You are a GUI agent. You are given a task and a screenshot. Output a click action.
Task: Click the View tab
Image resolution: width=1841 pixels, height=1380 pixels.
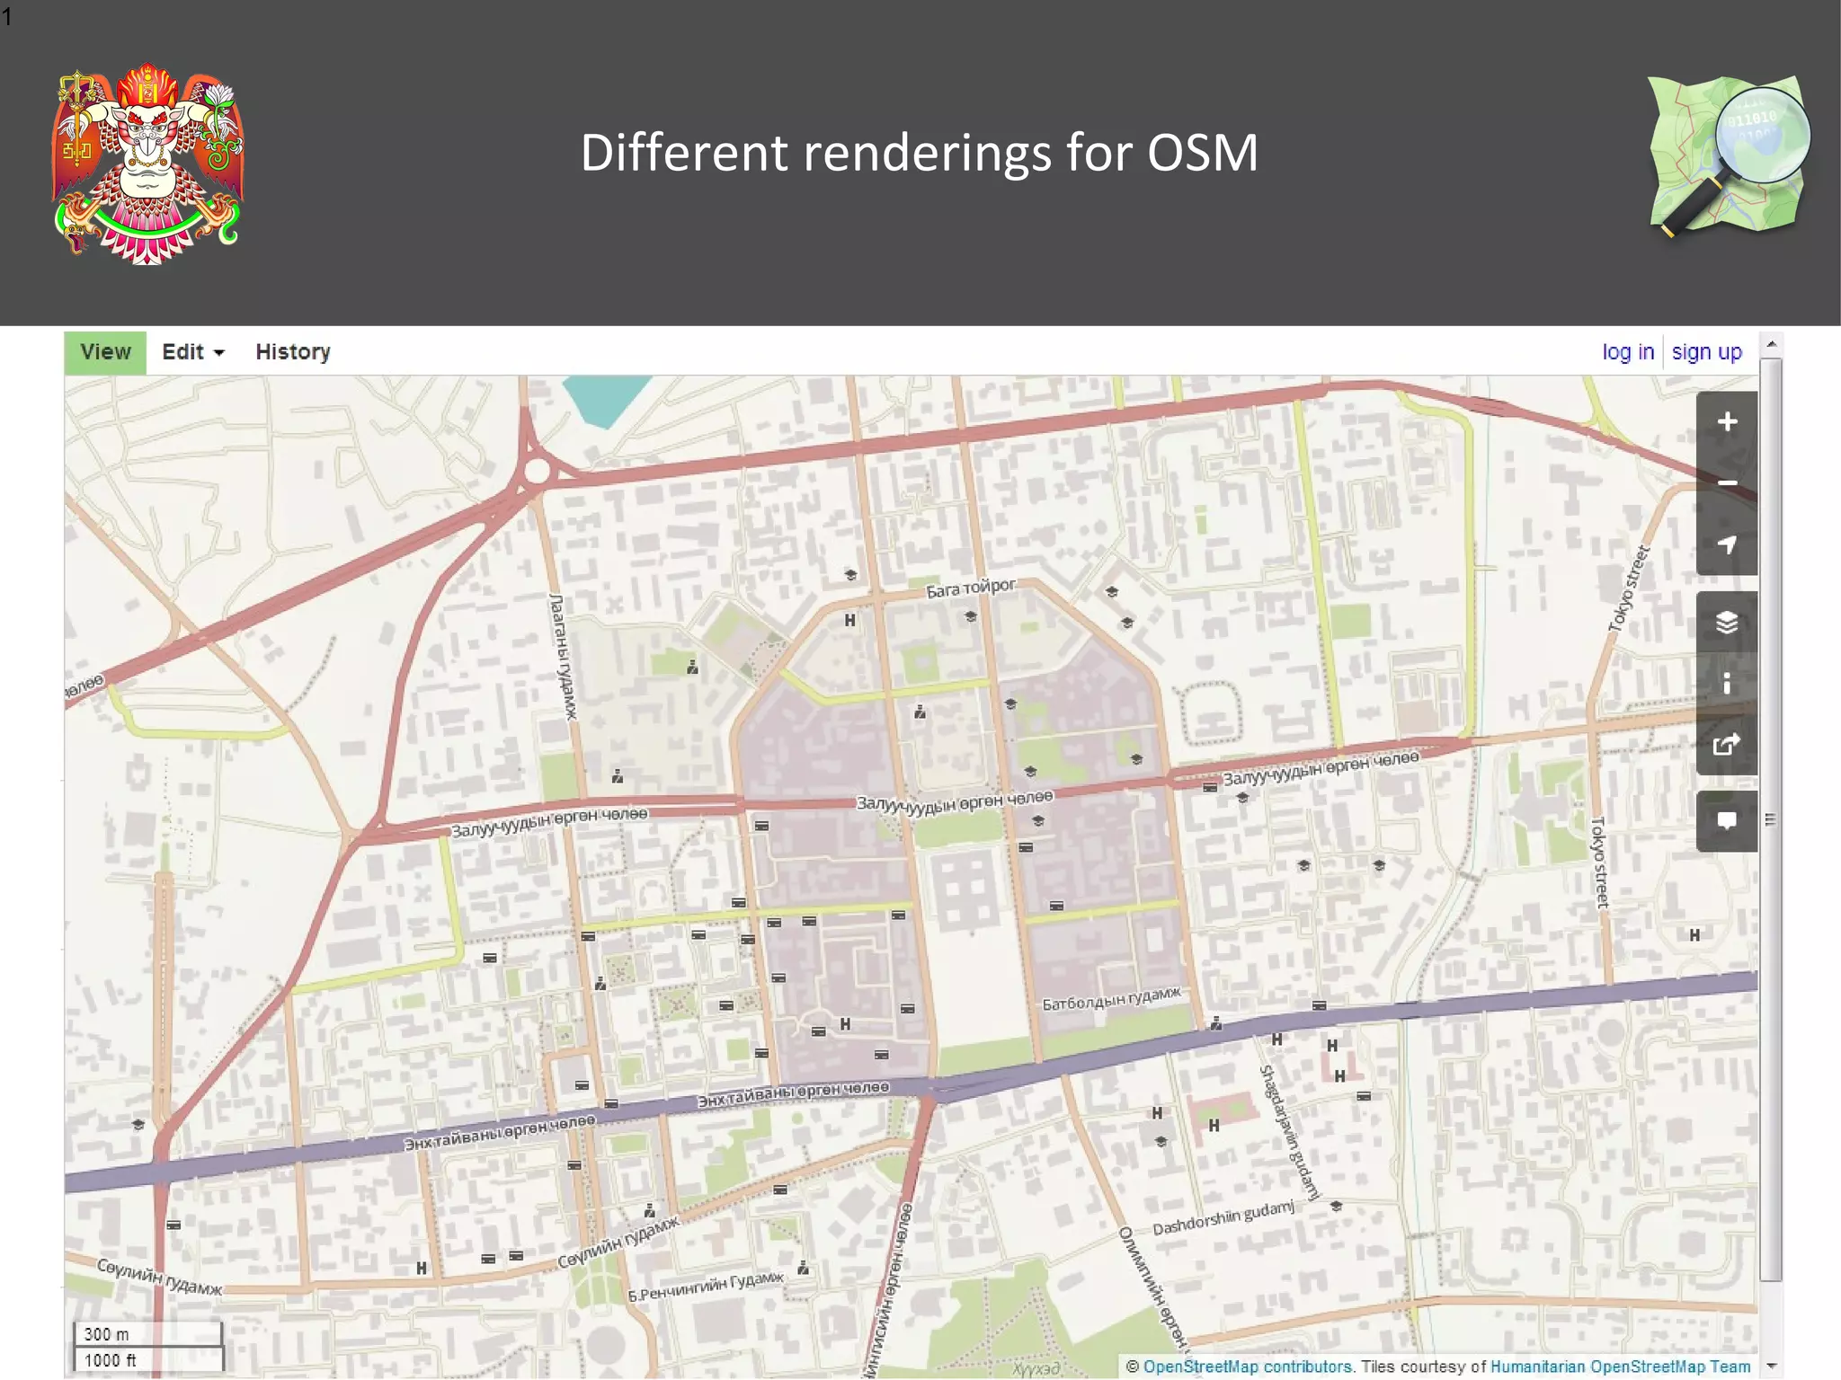click(x=105, y=352)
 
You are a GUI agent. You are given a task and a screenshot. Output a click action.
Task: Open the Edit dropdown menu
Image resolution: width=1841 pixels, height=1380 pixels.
click(x=192, y=352)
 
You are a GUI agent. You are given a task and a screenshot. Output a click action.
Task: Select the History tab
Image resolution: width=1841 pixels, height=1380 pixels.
click(x=293, y=352)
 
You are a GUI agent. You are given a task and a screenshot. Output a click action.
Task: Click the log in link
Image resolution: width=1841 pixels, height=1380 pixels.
click(x=1627, y=352)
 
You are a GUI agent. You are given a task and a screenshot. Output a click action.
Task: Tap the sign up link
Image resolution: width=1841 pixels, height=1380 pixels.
click(x=1706, y=352)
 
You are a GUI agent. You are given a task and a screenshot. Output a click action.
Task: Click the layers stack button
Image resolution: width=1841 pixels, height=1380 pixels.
click(x=1726, y=622)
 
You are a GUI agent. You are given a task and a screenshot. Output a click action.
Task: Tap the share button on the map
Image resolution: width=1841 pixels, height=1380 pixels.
click(x=1726, y=744)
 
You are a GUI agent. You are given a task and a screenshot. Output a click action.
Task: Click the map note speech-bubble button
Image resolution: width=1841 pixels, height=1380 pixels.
click(x=1726, y=821)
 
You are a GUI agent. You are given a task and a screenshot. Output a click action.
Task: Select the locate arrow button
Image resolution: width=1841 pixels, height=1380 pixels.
click(x=1726, y=544)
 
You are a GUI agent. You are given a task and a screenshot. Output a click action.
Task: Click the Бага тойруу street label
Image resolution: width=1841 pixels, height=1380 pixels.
click(x=971, y=589)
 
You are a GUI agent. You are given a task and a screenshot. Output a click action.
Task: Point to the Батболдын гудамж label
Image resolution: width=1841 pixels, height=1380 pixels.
click(x=1111, y=998)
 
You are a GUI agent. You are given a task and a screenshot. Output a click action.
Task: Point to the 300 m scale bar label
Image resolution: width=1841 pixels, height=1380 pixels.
click(x=107, y=1334)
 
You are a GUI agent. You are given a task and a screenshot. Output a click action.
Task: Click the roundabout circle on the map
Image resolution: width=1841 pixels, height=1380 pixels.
click(x=538, y=470)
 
